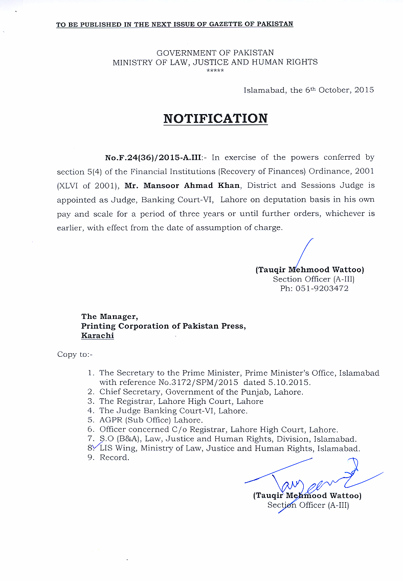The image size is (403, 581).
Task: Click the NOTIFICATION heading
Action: click(215, 119)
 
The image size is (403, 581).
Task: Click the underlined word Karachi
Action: click(98, 336)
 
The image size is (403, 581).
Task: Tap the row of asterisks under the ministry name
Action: click(215, 70)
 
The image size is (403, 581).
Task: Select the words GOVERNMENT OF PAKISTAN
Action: click(215, 53)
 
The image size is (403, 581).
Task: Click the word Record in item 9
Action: click(114, 458)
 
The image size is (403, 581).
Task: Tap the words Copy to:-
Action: click(75, 354)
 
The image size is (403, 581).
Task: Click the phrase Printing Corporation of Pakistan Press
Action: click(163, 326)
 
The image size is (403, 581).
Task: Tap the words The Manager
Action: click(109, 316)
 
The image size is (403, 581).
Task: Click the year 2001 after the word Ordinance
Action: click(363, 171)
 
